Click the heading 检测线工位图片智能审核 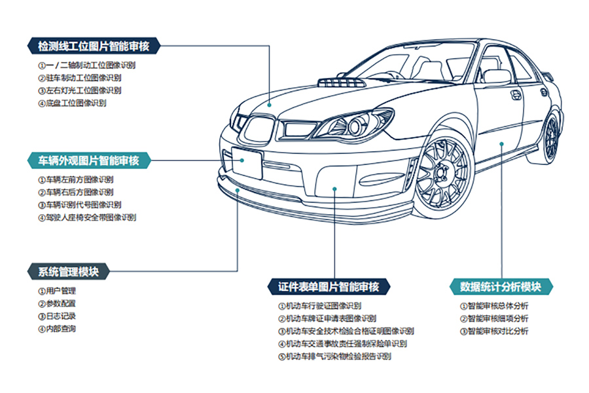94,47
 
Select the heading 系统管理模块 68,271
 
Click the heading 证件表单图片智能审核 329,287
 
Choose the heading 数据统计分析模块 501,287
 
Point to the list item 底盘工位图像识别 76,103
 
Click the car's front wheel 444,172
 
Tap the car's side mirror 497,76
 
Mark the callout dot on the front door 501,142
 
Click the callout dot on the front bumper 334,189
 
